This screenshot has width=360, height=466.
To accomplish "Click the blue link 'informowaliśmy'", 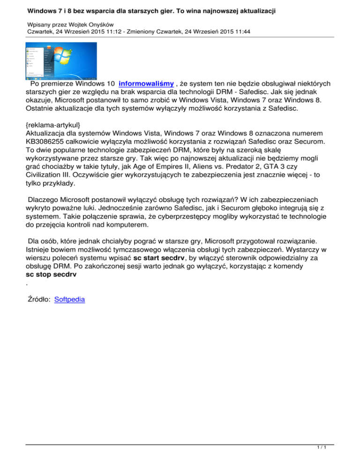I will click(146, 83).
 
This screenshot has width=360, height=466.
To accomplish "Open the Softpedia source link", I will click(69, 299).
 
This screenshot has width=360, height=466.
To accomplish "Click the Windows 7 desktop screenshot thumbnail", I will click(60, 61).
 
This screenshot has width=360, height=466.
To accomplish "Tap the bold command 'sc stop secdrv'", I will click(51, 275).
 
